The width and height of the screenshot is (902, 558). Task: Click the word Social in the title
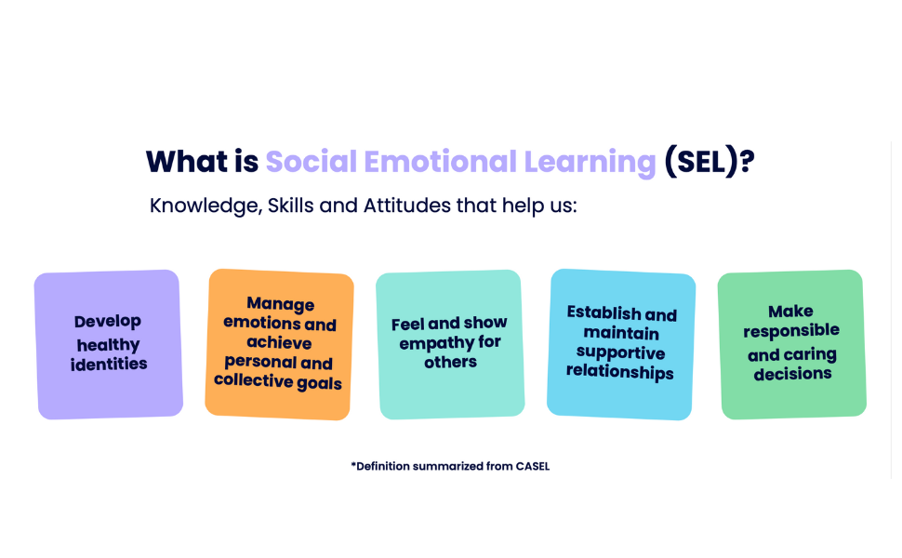click(312, 161)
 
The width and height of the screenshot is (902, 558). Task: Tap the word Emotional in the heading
click(441, 161)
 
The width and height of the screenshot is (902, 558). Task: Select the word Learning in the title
click(590, 163)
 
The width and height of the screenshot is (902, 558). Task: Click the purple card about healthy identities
click(109, 345)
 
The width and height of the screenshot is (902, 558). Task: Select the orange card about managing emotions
click(280, 344)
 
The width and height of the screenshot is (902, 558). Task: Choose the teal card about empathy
click(450, 345)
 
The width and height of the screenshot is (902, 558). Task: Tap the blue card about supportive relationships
click(621, 344)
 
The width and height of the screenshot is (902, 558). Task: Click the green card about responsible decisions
click(792, 345)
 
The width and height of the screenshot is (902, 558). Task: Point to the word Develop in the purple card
click(108, 322)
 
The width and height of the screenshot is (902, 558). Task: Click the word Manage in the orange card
click(281, 304)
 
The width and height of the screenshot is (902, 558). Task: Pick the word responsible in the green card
click(791, 331)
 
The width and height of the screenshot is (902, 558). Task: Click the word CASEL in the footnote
click(533, 466)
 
